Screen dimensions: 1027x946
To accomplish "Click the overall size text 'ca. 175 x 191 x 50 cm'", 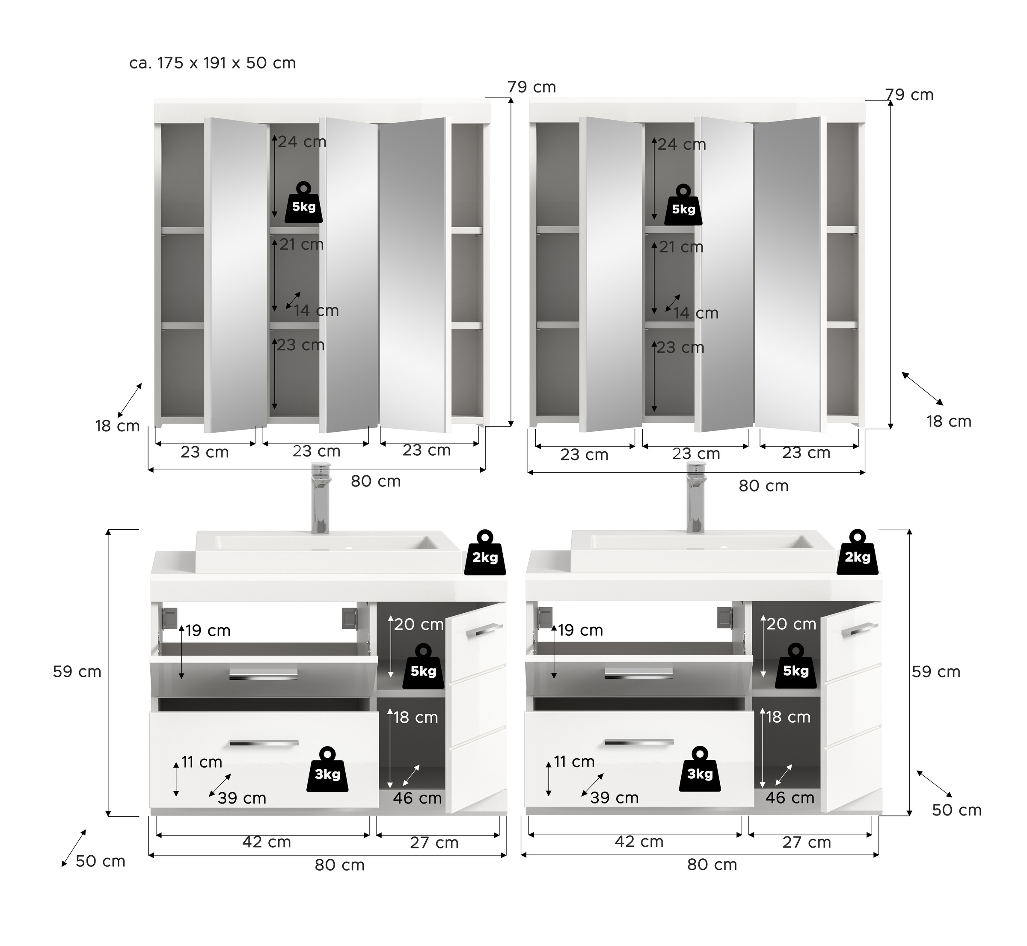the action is point(213,63).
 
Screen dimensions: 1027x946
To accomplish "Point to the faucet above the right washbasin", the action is point(696,497).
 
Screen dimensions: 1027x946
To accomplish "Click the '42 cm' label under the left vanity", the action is point(267,842).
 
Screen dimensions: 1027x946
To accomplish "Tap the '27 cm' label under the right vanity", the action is point(807,842).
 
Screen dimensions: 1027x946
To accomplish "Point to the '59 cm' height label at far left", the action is point(77,672).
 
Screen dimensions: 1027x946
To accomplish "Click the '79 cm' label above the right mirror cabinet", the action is point(910,95).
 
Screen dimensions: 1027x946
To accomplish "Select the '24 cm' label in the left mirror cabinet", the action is point(303,142).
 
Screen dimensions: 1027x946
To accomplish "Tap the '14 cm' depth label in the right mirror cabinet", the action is point(696,313).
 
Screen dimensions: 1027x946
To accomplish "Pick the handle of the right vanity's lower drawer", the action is point(639,742).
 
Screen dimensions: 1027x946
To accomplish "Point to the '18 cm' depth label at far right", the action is point(949,421).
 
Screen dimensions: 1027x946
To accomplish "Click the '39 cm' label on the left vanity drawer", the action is point(242,798).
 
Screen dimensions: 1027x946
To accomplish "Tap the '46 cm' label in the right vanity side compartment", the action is point(790,798).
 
